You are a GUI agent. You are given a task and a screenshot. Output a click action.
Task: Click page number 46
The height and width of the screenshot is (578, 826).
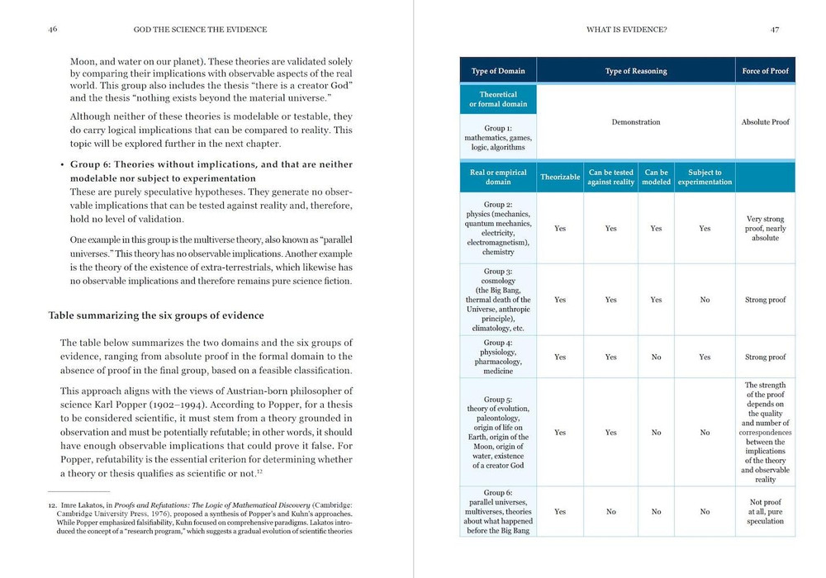53,30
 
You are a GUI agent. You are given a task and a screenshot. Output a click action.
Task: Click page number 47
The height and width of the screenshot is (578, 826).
774,30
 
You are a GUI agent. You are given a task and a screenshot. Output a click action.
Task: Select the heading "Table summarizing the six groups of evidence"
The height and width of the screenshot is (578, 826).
156,315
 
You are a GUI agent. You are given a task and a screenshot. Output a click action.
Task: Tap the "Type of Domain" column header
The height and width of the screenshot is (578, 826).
498,71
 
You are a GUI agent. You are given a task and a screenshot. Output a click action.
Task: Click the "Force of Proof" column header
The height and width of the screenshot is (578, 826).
765,71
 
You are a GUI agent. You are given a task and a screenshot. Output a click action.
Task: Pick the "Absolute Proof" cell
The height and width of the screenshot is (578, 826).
765,122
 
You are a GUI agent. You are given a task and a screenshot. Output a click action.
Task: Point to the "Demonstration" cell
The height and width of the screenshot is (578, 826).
635,122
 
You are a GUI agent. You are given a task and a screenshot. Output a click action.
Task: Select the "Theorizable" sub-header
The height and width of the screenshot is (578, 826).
560,177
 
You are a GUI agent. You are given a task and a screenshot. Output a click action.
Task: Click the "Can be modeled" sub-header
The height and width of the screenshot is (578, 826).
656,177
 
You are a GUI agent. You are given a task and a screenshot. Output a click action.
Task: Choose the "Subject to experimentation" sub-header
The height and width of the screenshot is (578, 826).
705,177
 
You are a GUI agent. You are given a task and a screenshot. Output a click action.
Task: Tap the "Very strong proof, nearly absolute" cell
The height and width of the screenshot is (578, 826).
765,229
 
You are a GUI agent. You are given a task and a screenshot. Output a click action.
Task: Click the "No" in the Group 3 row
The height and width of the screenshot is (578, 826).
705,300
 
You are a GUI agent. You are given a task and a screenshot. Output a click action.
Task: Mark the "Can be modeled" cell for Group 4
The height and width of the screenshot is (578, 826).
656,358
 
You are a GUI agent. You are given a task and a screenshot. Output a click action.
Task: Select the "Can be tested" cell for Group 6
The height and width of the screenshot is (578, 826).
610,512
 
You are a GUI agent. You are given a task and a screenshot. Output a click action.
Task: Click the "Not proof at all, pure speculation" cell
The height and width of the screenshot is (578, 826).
765,512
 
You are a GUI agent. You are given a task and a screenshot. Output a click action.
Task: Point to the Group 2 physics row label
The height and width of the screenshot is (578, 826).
498,228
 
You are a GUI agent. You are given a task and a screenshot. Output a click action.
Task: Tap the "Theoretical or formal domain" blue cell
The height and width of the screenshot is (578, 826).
498,99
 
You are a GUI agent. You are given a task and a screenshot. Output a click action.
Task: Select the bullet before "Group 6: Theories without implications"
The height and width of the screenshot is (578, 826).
62,165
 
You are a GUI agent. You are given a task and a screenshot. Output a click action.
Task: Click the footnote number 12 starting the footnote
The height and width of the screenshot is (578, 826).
53,504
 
